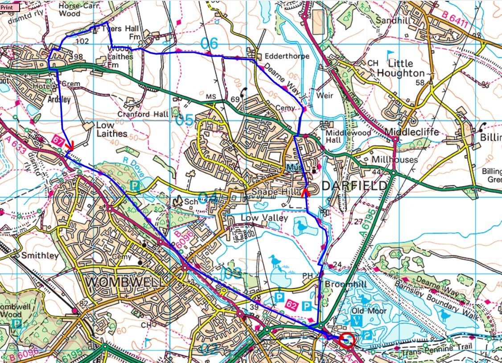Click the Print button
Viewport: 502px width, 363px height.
(10, 7)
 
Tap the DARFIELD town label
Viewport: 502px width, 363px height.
(347, 186)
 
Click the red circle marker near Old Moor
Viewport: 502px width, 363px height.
(347, 341)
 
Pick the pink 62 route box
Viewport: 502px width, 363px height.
(292, 305)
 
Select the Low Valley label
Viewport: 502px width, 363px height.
(259, 217)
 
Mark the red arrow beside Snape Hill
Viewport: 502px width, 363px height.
(305, 192)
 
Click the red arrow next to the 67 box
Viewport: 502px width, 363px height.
(69, 146)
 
